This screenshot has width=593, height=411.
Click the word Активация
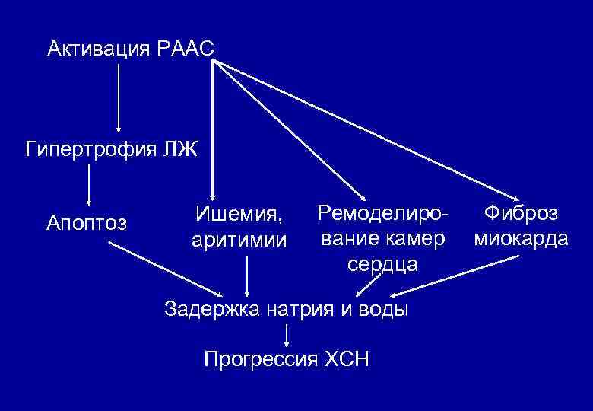pyautogui.click(x=99, y=50)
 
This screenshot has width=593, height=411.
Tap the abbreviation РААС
pyautogui.click(x=187, y=50)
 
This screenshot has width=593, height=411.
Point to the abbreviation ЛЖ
pyautogui.click(x=179, y=147)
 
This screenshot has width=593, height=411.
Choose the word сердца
pyautogui.click(x=382, y=264)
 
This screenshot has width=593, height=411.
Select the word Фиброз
pyautogui.click(x=521, y=213)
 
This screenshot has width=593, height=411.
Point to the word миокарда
pyautogui.click(x=521, y=238)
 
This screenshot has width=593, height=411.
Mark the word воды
pyautogui.click(x=385, y=309)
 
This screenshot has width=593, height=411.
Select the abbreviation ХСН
pyautogui.click(x=346, y=358)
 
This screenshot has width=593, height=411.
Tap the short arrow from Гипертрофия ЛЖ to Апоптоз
pyautogui.click(x=89, y=183)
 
